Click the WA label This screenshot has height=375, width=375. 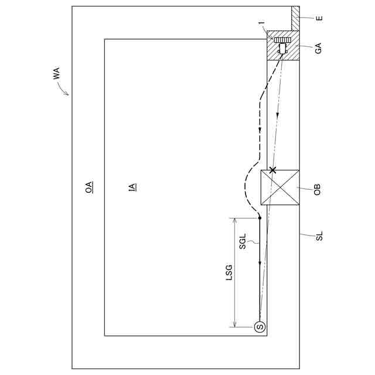tap(56, 73)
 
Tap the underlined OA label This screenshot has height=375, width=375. tap(89, 187)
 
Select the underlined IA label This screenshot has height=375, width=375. tap(132, 187)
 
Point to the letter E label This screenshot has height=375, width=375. tap(319, 18)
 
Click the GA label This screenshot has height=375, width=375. tap(318, 48)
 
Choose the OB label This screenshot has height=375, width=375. tap(317, 190)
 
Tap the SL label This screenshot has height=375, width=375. tap(319, 236)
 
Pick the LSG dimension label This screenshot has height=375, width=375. tap(229, 272)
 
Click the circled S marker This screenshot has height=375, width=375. tap(260, 326)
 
